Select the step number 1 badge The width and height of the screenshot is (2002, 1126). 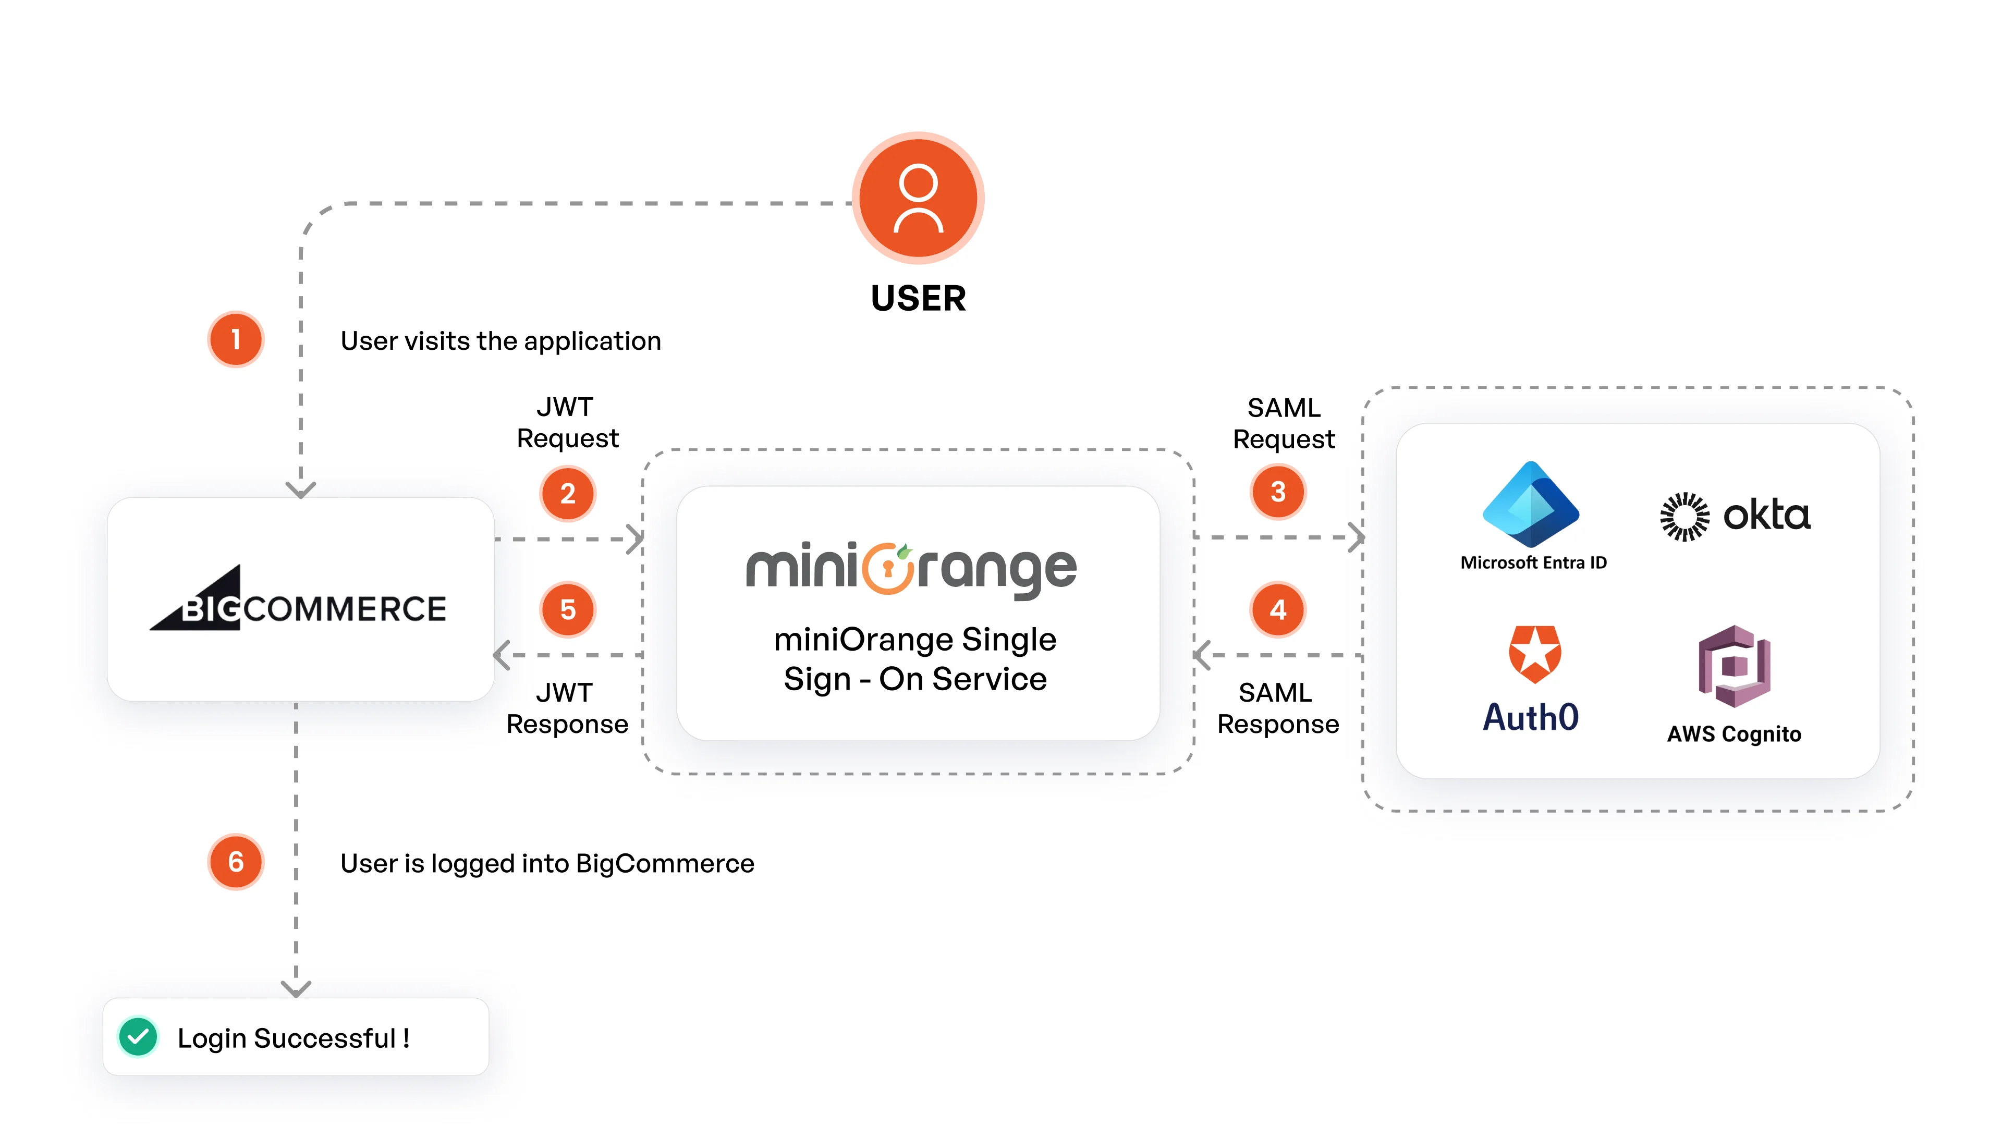[x=236, y=339]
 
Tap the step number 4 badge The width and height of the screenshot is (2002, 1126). [x=1278, y=610]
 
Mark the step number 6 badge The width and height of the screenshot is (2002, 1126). [x=236, y=862]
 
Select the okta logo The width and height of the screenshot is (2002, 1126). [x=1735, y=515]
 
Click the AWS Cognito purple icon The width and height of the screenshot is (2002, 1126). [x=1734, y=666]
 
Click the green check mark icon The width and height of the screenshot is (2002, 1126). [x=138, y=1037]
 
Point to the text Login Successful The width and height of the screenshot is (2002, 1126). [x=293, y=1038]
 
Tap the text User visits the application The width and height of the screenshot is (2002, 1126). [x=500, y=341]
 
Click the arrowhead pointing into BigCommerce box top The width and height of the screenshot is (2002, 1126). [x=301, y=489]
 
